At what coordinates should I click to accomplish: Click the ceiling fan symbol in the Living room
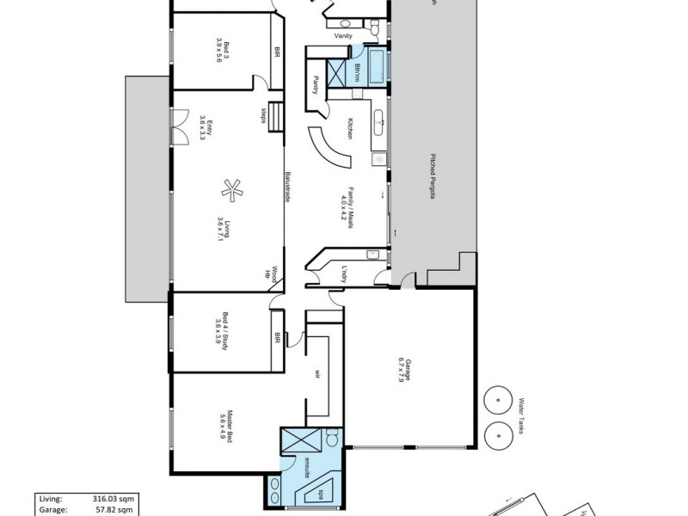pos(230,188)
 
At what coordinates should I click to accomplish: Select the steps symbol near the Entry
pos(275,116)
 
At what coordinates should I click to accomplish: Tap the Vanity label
pos(344,36)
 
